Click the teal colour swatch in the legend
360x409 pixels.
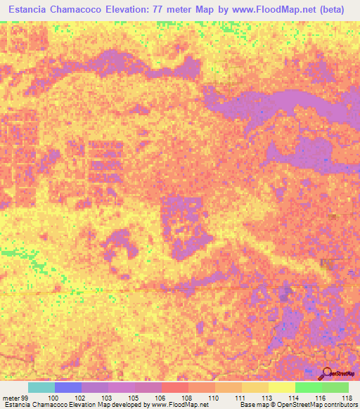click(41, 387)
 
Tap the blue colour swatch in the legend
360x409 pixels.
click(68, 387)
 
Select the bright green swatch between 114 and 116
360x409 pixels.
click(309, 387)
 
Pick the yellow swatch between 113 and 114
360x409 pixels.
click(282, 387)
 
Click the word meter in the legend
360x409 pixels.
click(9, 398)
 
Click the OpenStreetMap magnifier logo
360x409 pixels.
click(326, 373)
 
